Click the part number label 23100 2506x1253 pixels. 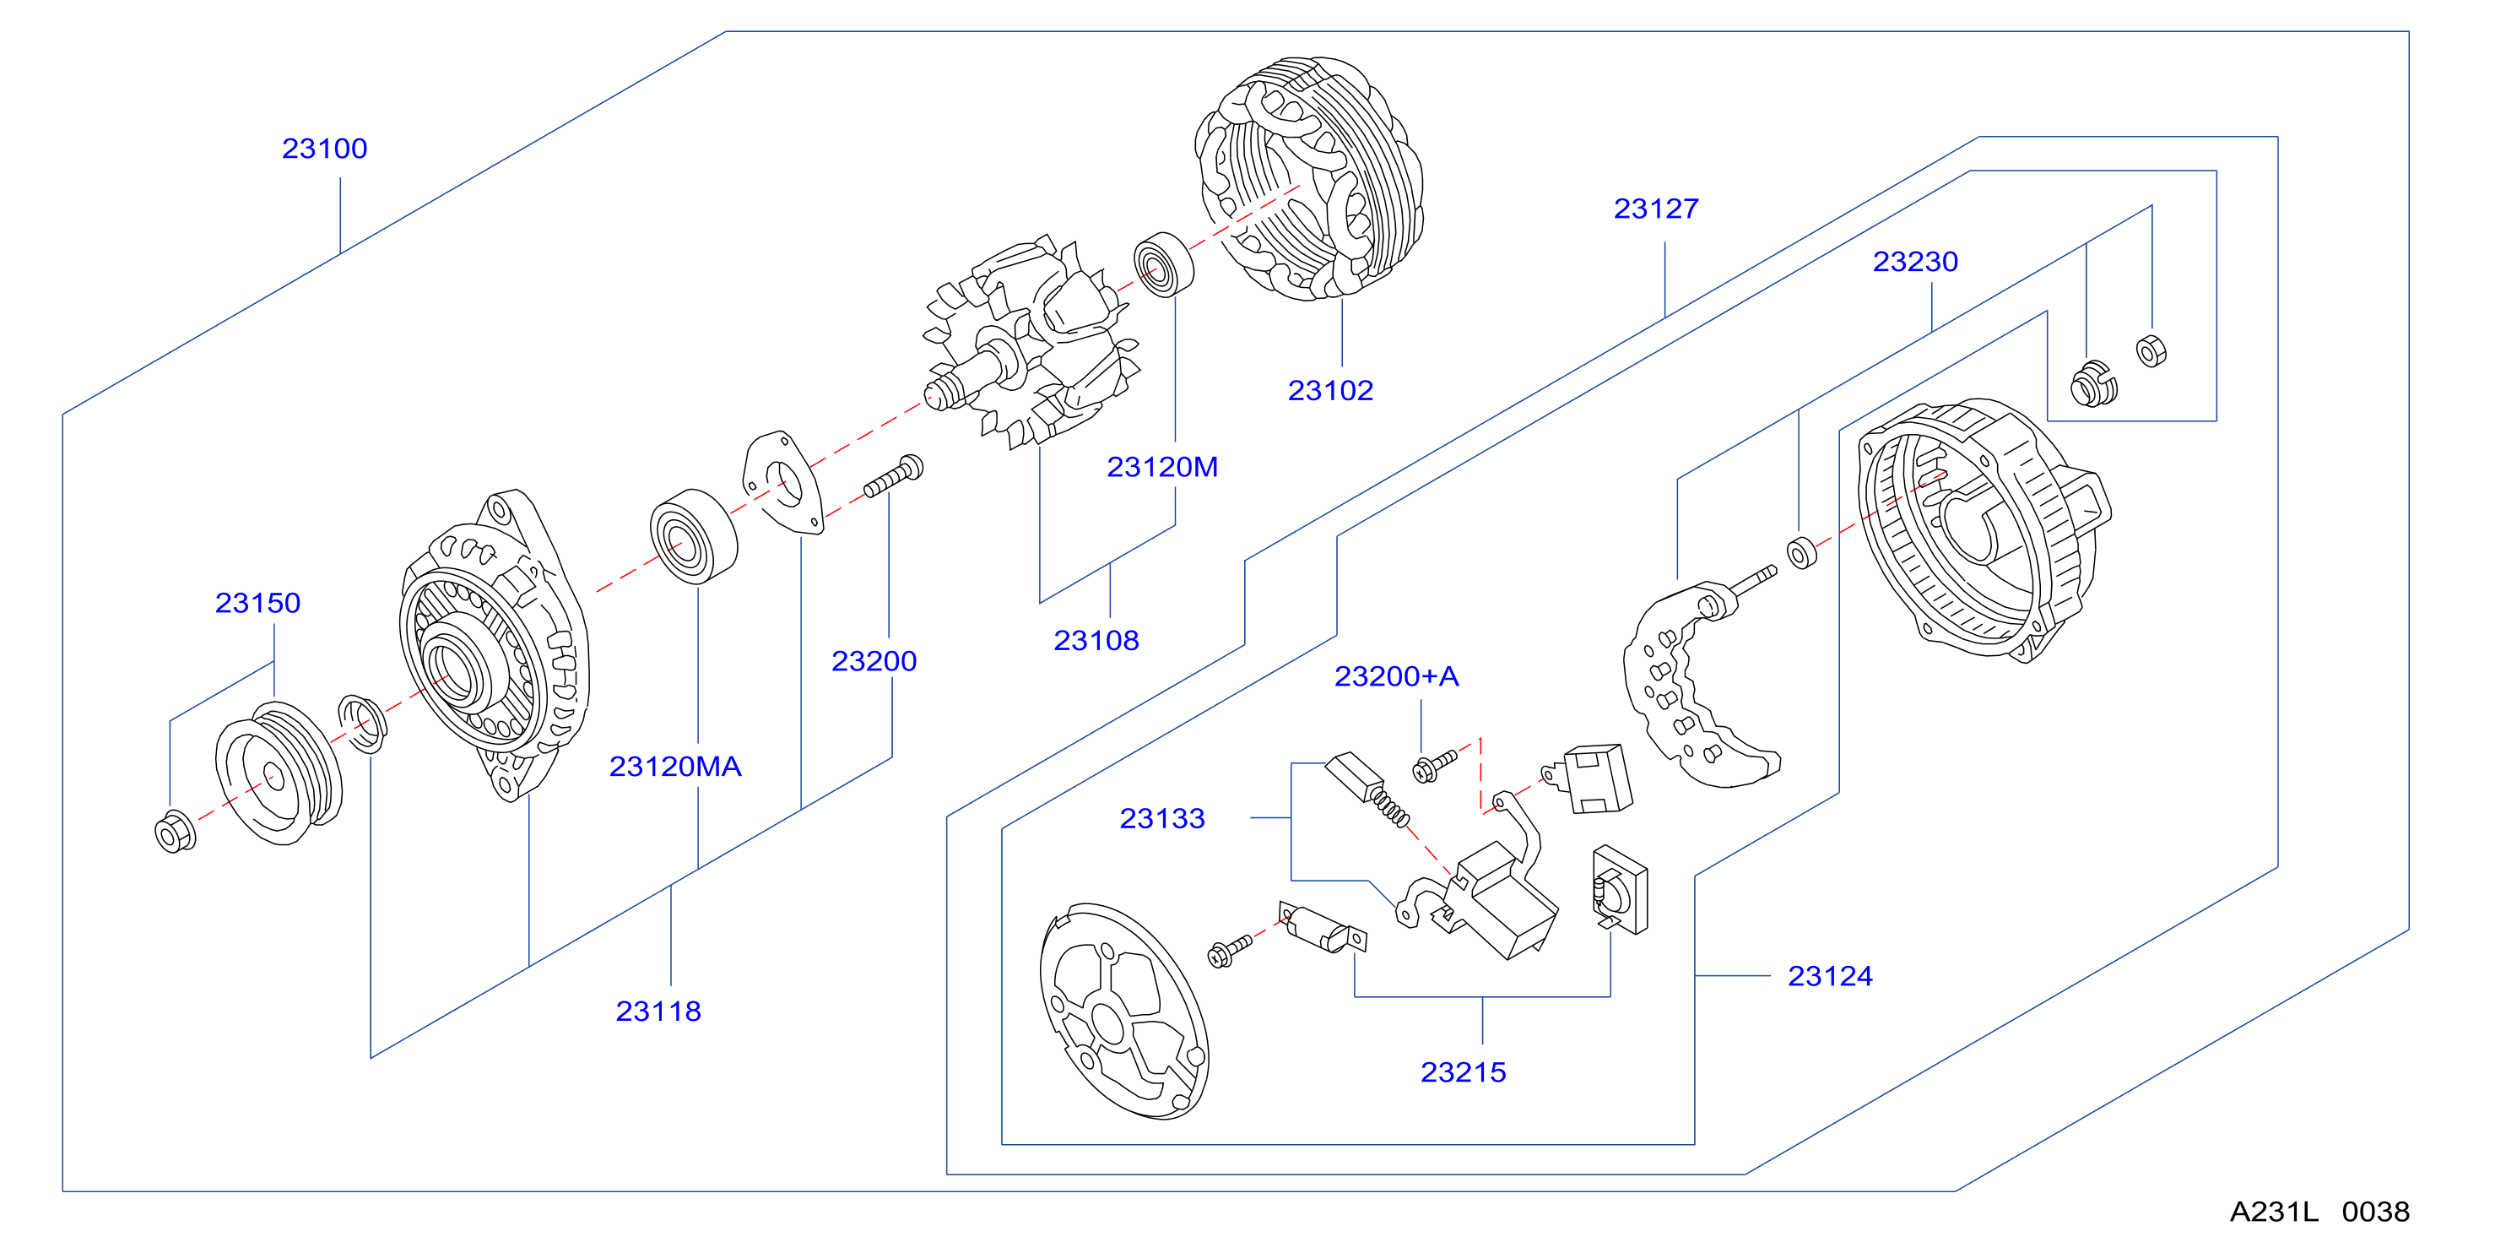324,149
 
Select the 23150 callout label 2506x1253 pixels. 257,603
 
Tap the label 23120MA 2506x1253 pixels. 675,767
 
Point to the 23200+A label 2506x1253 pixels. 1396,676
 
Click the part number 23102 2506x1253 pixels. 1330,390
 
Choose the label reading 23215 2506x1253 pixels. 1463,1072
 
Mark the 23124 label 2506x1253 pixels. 1830,976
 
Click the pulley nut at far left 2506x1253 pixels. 175,831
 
